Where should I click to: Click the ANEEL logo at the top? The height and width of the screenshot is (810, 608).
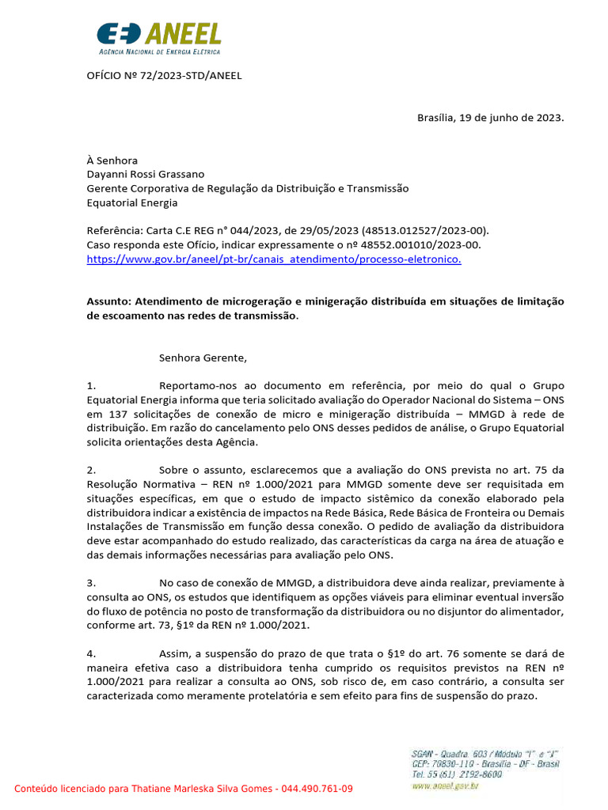point(158,38)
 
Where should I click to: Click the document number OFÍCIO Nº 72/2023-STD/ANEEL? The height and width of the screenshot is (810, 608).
point(164,76)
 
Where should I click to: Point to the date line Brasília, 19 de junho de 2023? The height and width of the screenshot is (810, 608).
point(490,117)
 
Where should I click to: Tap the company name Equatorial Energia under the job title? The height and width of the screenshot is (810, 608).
point(132,202)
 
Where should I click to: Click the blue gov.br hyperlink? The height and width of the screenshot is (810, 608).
point(273,259)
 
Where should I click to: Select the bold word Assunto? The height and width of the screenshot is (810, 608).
point(108,301)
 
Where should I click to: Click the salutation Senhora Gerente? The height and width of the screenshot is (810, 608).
point(203,358)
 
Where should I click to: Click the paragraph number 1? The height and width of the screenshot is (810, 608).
point(91,386)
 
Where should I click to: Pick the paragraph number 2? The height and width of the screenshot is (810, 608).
point(91,469)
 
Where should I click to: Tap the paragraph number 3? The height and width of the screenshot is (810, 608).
point(91,582)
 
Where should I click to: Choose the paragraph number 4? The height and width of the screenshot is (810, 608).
point(91,653)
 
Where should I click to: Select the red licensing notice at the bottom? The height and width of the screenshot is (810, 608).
point(184,789)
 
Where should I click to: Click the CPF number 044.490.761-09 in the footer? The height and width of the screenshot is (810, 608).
point(314,789)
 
